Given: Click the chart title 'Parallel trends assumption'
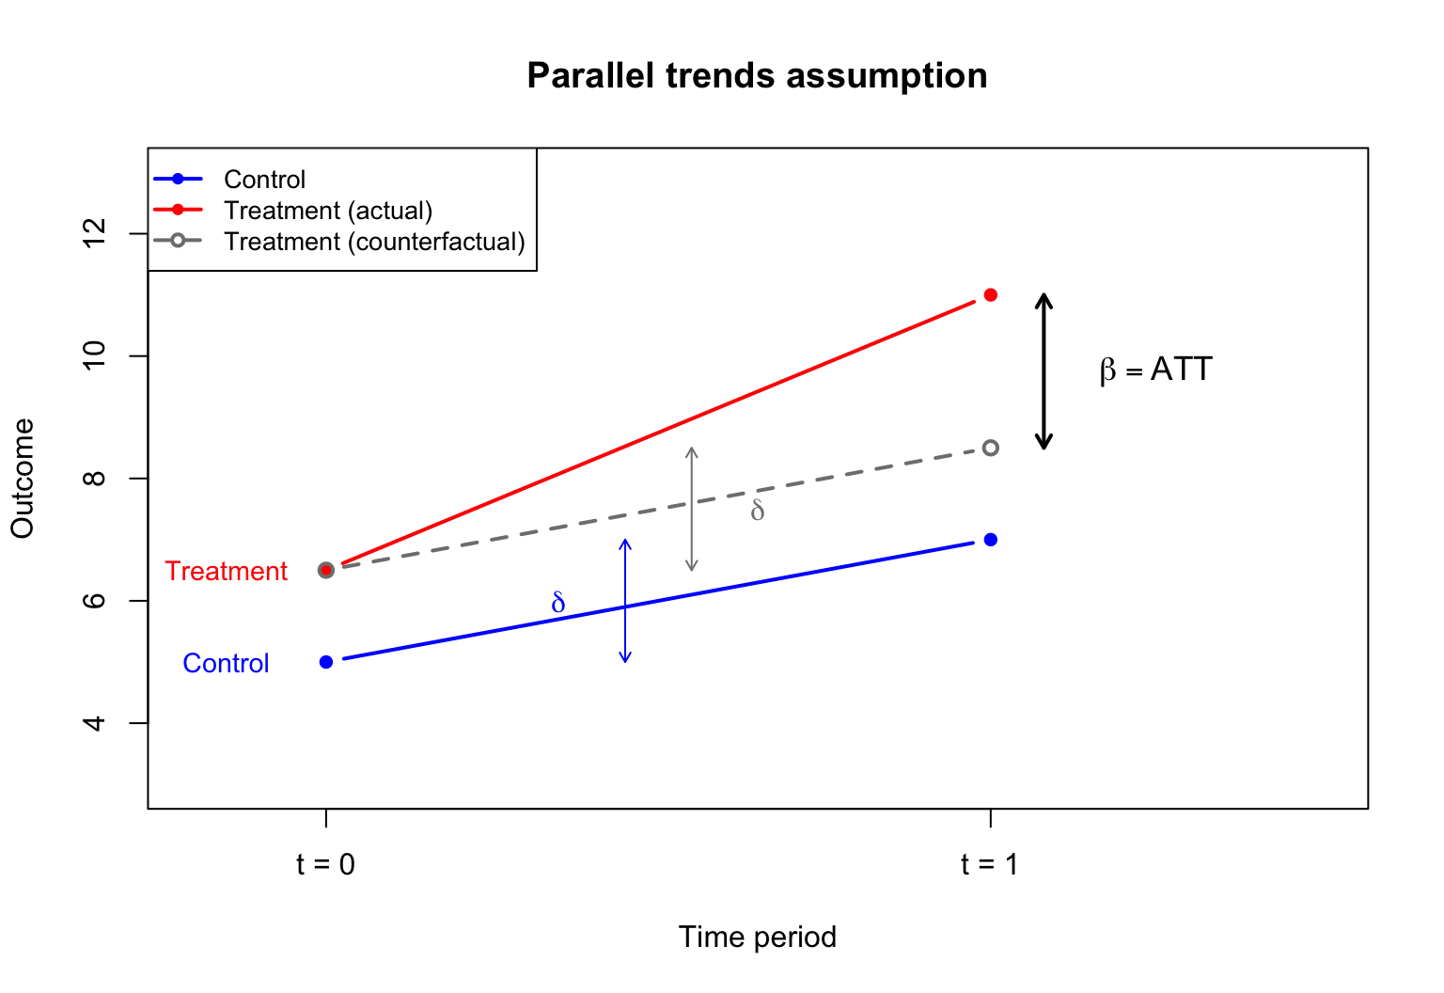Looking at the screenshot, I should coord(757,76).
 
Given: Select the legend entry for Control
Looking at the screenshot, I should coord(264,180).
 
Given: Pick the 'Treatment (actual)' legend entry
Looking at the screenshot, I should coord(327,211).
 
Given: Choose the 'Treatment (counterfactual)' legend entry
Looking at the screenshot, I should coord(374,242).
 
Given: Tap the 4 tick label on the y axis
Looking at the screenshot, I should coord(95,723).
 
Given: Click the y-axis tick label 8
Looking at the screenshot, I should coord(95,479).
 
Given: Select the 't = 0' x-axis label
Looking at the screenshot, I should coord(325,864).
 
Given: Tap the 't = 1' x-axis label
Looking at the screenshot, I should coord(989,864).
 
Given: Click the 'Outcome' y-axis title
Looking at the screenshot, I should coord(23,479).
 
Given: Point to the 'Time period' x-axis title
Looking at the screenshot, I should coord(757,938).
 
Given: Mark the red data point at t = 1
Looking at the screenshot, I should coord(990,295).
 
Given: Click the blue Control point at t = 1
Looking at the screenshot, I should coord(990,540).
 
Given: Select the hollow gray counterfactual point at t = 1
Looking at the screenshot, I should coord(990,448).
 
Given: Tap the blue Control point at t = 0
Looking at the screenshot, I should coord(326,662).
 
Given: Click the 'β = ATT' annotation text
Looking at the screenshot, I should coord(1155,370).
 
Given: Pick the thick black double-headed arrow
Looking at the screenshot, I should coord(1044,371).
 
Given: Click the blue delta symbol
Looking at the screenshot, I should coord(558,603).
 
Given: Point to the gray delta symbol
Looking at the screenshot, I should coord(758,511).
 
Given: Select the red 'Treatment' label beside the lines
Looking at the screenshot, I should coord(226,572).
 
